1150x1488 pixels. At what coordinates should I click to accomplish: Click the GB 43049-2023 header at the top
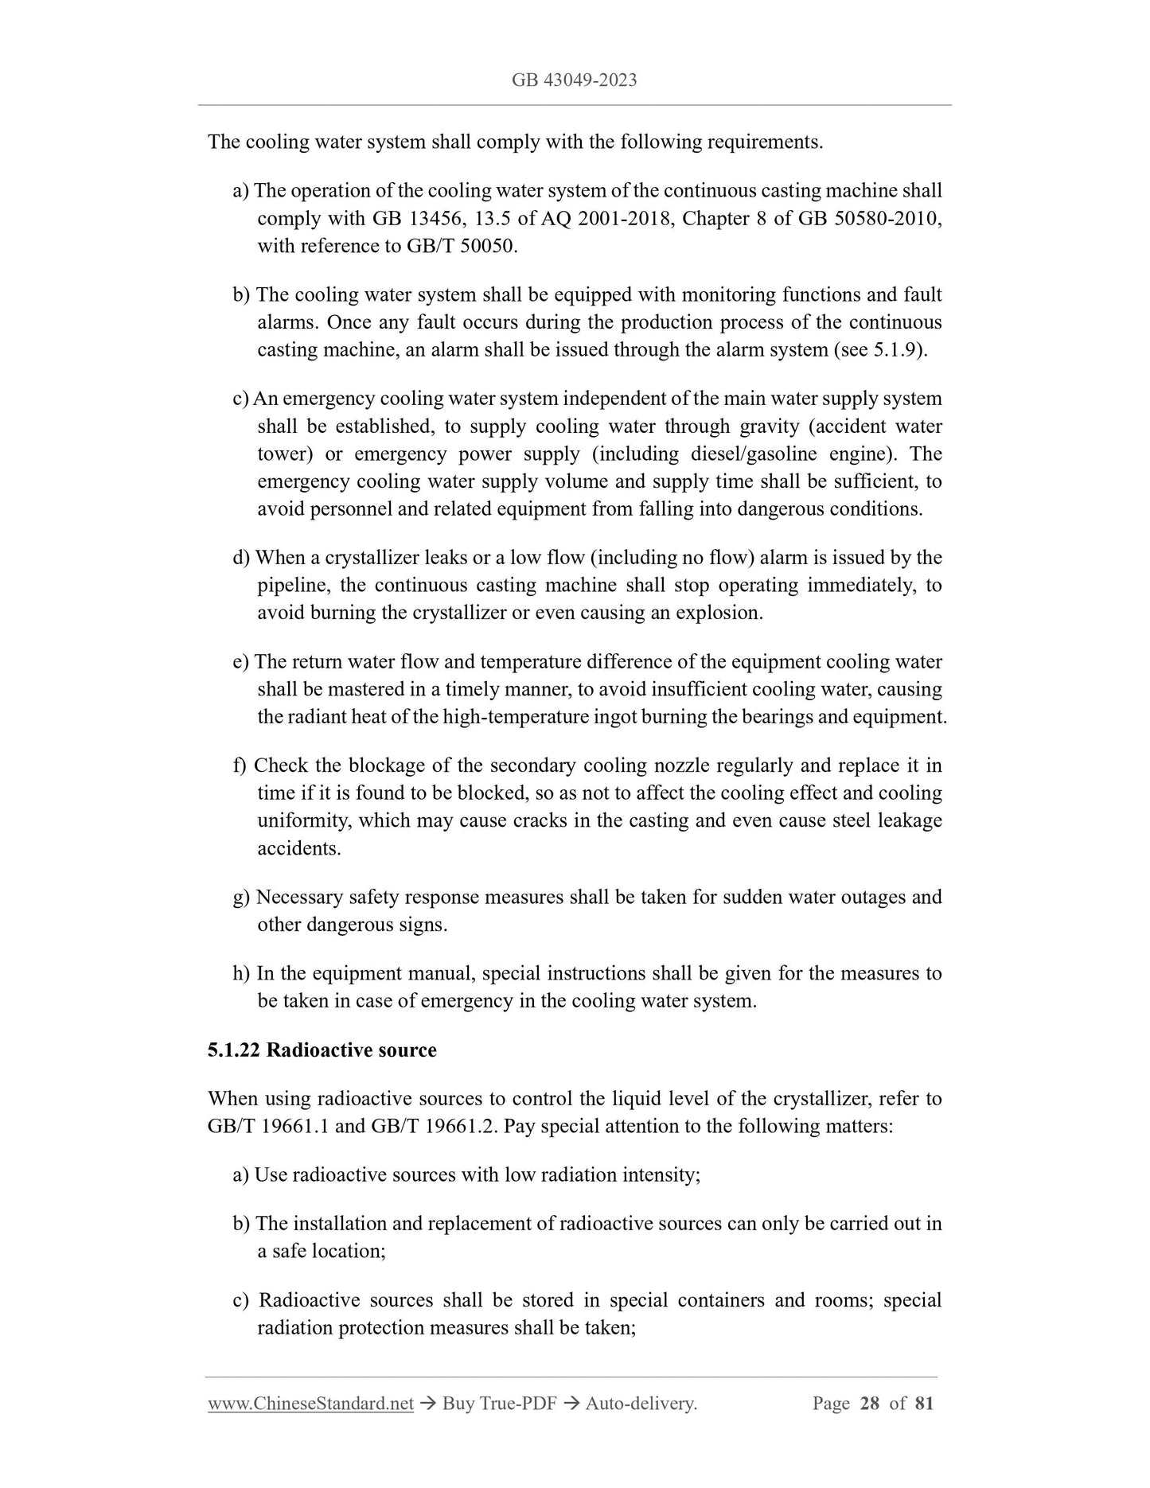[x=574, y=80]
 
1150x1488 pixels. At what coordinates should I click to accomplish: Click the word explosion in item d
[x=719, y=614]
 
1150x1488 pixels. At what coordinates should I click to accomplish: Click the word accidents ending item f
[x=298, y=849]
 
